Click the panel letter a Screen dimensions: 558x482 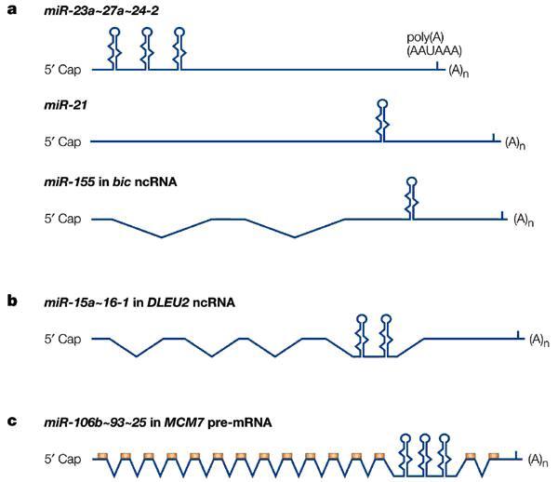coord(12,10)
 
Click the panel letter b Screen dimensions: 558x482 coord(12,301)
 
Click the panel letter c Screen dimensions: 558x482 coord(12,422)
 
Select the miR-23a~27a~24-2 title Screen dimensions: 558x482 coord(101,10)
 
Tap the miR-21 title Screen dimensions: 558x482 coord(65,105)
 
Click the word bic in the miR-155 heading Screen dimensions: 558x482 coord(120,181)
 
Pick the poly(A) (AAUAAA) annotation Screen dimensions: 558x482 coord(434,44)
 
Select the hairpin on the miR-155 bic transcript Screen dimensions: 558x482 coord(412,198)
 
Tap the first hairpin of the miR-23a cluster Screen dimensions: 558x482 coord(114,48)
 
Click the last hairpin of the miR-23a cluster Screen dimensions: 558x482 coord(179,48)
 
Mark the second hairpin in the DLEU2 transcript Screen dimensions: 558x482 coord(386,335)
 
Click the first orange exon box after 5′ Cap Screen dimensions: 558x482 coord(103,456)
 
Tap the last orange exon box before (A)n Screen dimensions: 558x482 coord(493,456)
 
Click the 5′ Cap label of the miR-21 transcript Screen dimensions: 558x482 coord(62,141)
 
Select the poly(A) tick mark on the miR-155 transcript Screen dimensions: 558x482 coord(502,215)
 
